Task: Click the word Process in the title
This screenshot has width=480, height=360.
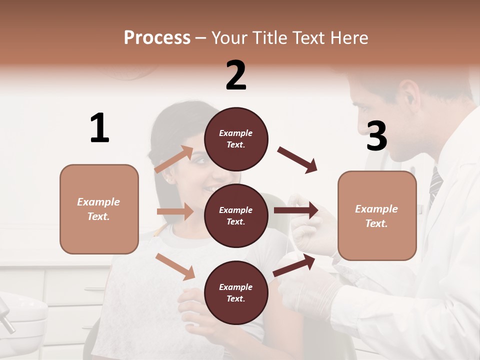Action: [157, 38]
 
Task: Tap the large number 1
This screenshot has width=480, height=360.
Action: [99, 128]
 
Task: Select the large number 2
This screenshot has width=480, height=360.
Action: [236, 75]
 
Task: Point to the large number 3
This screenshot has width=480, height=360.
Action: [376, 136]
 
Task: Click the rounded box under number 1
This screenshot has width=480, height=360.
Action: [99, 209]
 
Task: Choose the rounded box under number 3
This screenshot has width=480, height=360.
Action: [377, 215]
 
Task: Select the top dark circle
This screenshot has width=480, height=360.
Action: [236, 138]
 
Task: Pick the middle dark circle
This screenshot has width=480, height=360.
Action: [236, 215]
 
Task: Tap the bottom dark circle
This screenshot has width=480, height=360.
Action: [236, 292]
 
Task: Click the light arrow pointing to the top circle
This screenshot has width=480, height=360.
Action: [174, 159]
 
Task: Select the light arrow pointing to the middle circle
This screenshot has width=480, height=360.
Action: [175, 211]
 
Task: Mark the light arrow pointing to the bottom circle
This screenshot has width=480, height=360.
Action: [175, 266]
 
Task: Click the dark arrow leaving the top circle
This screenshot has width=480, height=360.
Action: [297, 160]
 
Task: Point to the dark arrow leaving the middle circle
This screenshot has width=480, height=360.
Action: [296, 210]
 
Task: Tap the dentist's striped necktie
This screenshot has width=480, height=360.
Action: [435, 185]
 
